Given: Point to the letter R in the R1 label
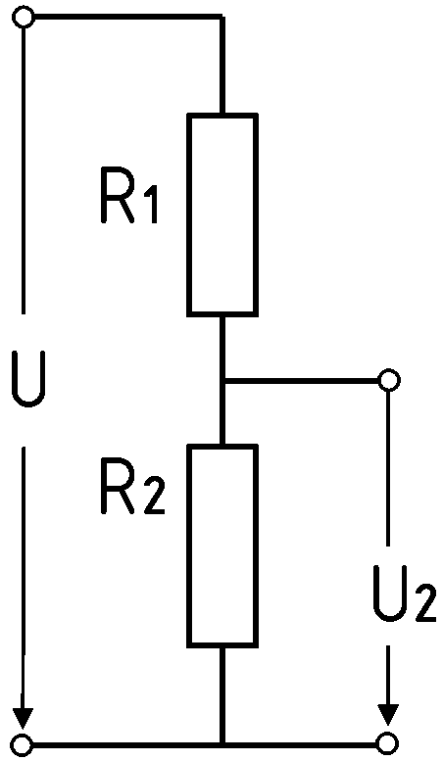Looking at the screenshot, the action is click(x=117, y=195).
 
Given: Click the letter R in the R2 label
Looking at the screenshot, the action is click(x=117, y=486).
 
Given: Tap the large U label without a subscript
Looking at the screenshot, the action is click(x=29, y=378).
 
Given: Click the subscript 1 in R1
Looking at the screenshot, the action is click(x=152, y=204).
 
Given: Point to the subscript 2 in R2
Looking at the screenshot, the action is click(x=155, y=495).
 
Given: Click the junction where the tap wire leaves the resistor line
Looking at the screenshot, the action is click(x=222, y=380).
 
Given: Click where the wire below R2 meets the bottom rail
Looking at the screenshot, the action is click(x=222, y=743).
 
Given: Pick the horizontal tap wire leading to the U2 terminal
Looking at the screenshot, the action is click(x=301, y=380).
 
